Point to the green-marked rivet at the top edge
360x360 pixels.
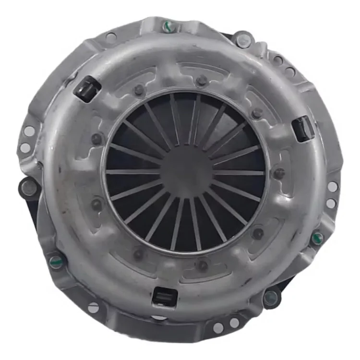point(167,26)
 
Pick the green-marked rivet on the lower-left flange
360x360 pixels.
point(56,262)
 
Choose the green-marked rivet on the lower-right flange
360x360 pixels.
point(317,237)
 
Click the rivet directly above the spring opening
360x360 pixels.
point(202,80)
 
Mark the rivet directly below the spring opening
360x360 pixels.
point(203,264)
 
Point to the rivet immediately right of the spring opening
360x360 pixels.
point(279,173)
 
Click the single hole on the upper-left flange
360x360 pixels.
point(111,36)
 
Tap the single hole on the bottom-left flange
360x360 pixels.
point(93,307)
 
